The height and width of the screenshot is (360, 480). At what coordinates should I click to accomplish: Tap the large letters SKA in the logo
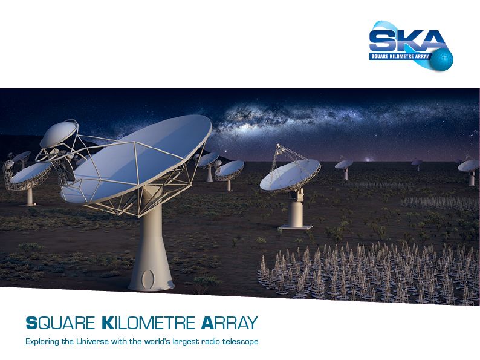(407, 41)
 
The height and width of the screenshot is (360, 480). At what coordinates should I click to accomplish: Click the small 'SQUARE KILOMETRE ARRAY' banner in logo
(400, 56)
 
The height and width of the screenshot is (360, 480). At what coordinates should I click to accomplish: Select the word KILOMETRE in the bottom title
(148, 323)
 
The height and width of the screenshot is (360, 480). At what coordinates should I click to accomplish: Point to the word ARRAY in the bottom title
(230, 323)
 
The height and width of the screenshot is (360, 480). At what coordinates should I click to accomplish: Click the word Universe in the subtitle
(92, 341)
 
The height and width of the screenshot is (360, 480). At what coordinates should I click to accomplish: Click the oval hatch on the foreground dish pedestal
(148, 278)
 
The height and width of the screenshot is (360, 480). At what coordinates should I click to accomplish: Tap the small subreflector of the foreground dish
(58, 134)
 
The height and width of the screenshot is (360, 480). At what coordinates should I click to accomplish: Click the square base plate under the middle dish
(296, 227)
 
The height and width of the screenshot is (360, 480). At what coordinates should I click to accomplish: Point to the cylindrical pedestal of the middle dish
(296, 214)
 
